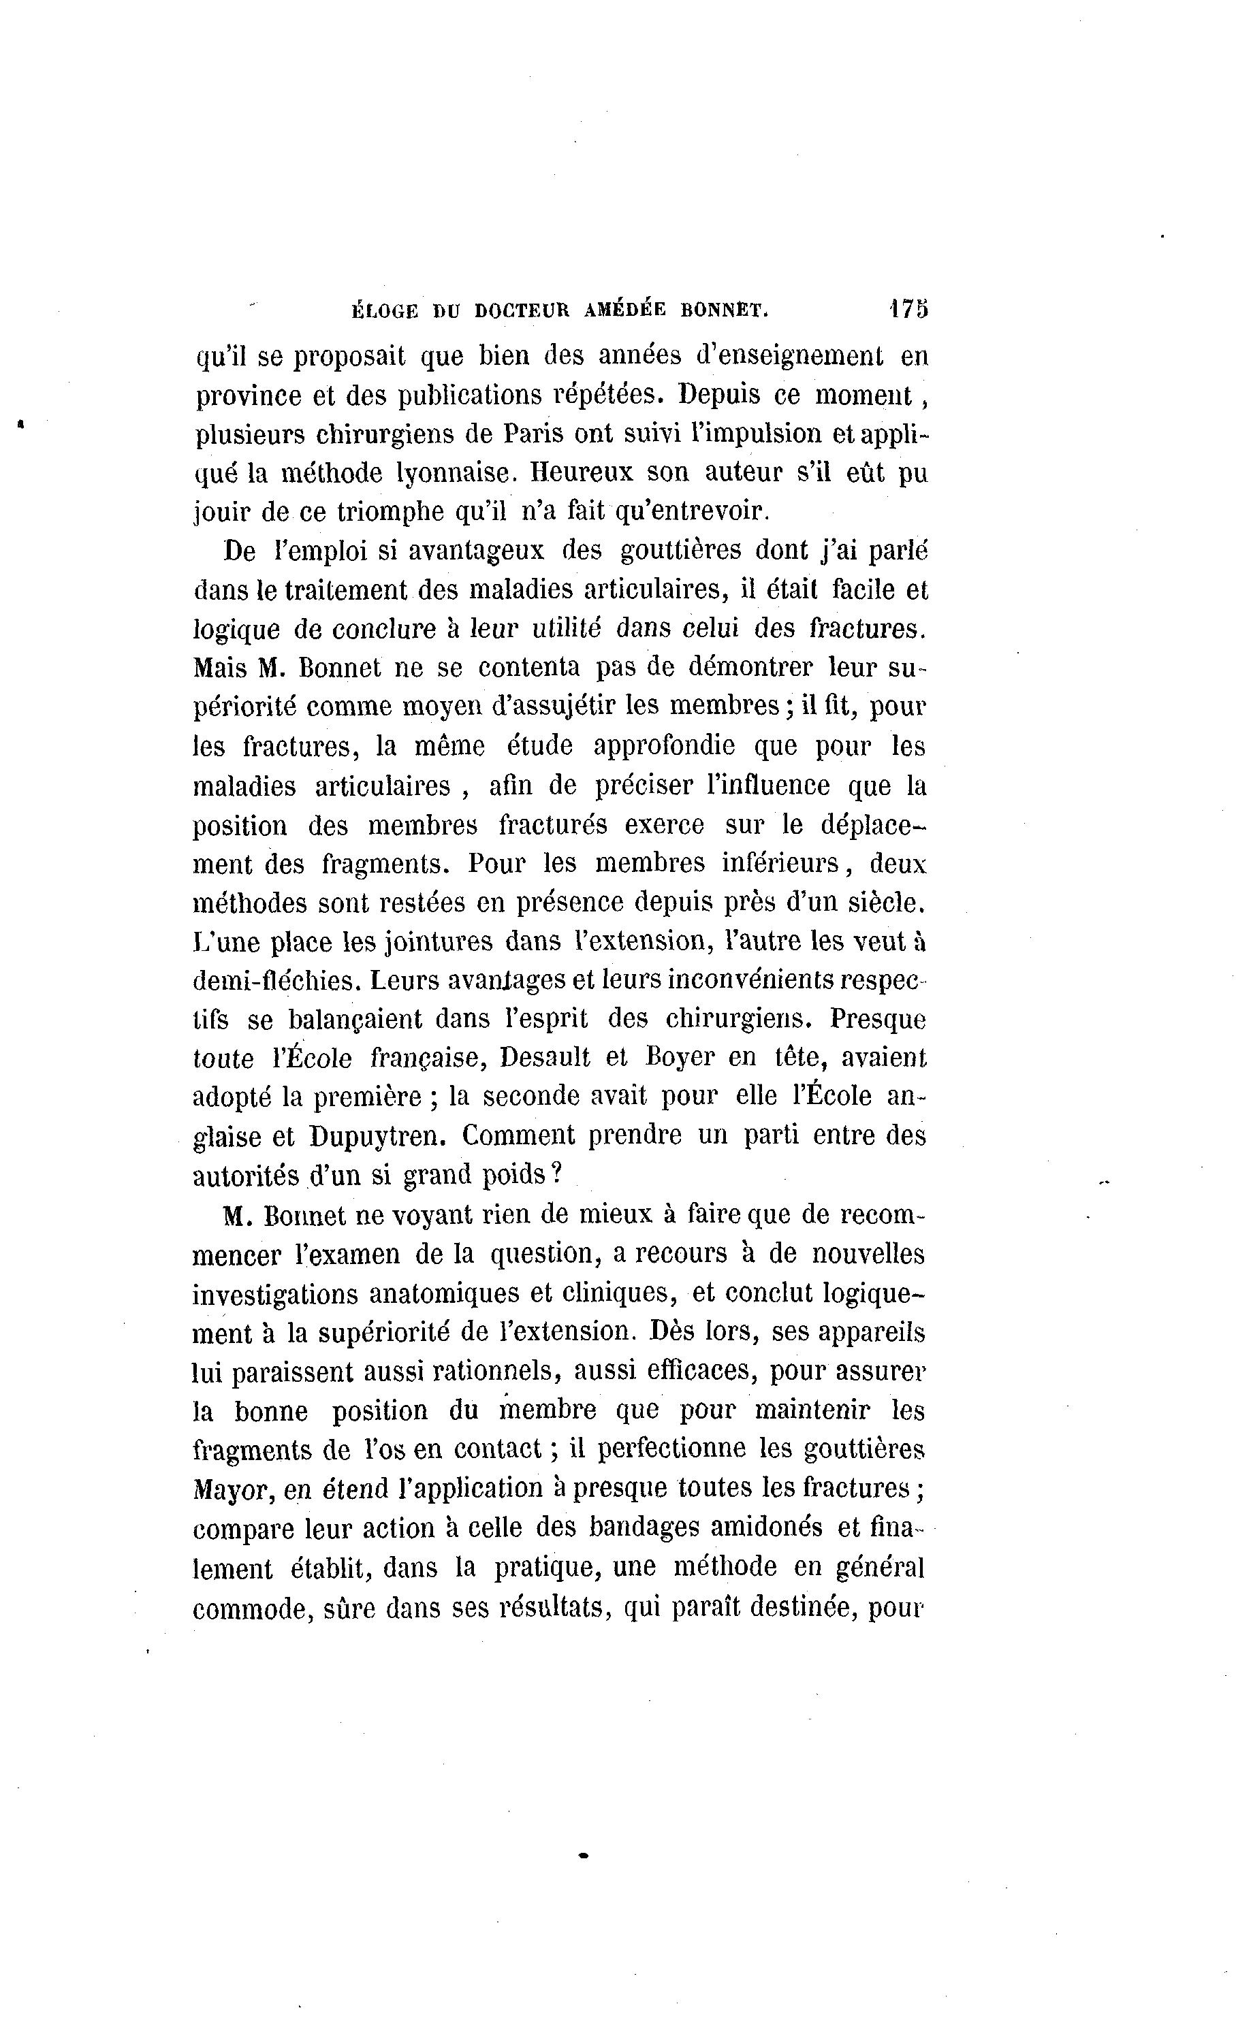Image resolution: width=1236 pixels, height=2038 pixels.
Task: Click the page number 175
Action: (x=908, y=308)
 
